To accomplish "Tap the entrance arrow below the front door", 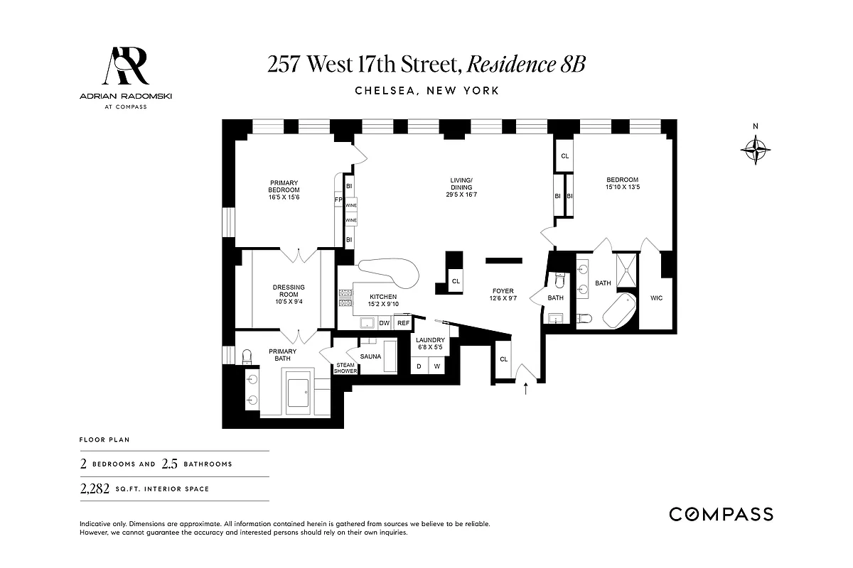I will (x=526, y=388).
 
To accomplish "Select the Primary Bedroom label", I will (x=284, y=186).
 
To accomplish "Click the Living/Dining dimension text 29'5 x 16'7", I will (x=461, y=195).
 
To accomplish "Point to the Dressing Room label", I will (x=289, y=292).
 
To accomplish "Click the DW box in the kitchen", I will (x=385, y=323).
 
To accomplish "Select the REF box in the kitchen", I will (x=403, y=323).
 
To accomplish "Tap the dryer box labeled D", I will (x=419, y=366).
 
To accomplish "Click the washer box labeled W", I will (x=437, y=366).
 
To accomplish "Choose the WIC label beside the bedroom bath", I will (x=656, y=297).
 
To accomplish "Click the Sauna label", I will (x=370, y=356).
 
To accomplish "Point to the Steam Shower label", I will (x=345, y=368).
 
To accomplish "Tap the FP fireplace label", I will (x=339, y=200).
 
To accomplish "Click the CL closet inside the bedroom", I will (x=564, y=156).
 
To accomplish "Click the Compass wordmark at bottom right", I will (x=721, y=514).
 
